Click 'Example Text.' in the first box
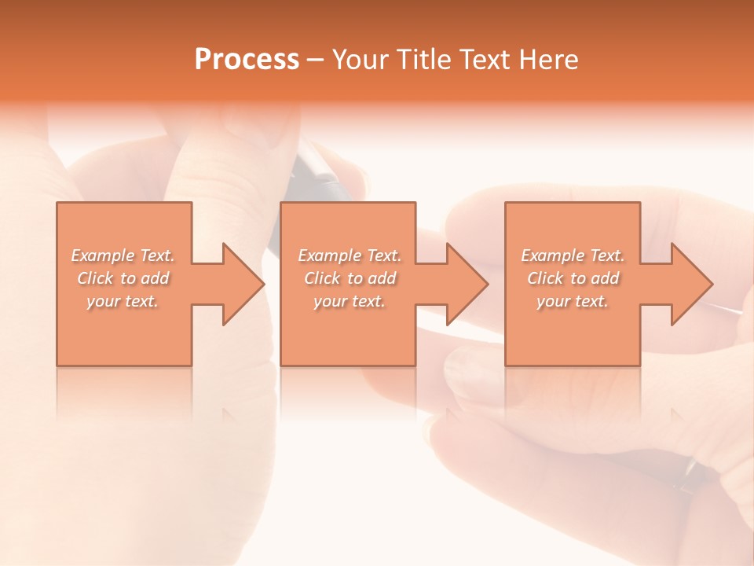coord(123,255)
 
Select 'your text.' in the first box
coord(123,301)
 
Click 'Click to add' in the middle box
coord(350,278)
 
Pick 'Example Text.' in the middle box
coord(350,255)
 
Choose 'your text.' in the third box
coord(573,301)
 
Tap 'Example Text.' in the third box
coord(573,255)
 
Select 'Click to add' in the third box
coord(573,278)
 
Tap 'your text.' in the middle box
coord(350,301)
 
